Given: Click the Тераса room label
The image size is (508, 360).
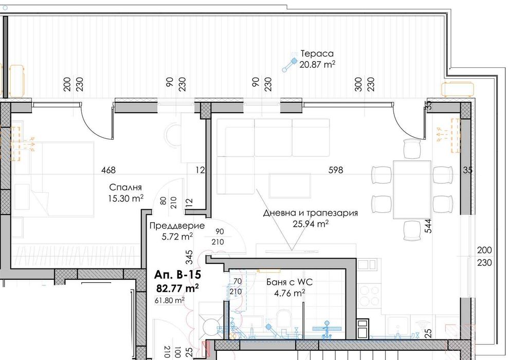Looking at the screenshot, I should [x=317, y=53].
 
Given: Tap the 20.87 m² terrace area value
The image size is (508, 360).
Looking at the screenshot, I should [x=318, y=64].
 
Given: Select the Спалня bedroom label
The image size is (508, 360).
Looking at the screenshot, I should [x=126, y=187].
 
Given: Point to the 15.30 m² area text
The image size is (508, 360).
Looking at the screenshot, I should [x=126, y=197].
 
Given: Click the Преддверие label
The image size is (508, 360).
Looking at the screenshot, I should [x=176, y=226].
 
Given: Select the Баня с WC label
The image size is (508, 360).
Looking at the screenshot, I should [x=289, y=282].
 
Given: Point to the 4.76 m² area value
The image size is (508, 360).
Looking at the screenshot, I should [x=289, y=293].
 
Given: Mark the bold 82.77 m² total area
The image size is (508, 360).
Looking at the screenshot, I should [x=177, y=289].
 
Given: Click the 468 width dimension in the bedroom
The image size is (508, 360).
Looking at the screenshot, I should [x=109, y=170].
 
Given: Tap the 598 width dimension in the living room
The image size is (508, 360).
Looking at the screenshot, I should [x=336, y=170].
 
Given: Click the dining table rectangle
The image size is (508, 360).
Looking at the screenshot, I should [x=411, y=189].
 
